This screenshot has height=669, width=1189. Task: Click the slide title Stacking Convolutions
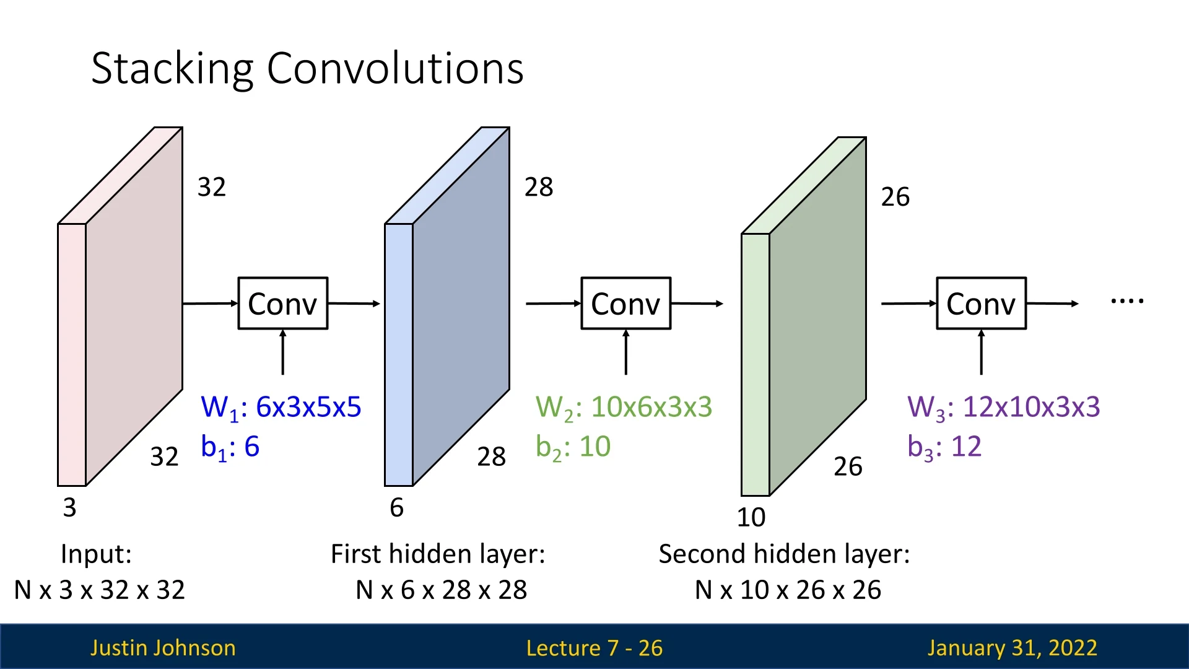(307, 68)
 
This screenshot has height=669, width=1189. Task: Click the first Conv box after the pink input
(282, 304)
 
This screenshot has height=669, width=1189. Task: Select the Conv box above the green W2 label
(625, 304)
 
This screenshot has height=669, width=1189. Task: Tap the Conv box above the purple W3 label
(981, 304)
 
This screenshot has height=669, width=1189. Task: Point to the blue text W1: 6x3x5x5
(281, 408)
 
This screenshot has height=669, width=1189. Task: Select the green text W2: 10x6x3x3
(624, 408)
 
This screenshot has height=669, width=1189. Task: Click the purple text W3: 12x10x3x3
(1003, 408)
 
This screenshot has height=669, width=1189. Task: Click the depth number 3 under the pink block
(69, 508)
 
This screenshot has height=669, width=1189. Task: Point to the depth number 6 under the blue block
(396, 508)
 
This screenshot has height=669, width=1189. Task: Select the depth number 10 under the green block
(751, 517)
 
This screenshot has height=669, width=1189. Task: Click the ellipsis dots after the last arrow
(1127, 302)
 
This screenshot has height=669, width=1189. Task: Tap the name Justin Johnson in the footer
(163, 648)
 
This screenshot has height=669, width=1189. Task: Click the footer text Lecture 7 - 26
(594, 648)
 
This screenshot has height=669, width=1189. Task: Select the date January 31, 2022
(1012, 648)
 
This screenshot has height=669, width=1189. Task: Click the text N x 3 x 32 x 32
(99, 590)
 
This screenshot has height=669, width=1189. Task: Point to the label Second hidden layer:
(784, 554)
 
